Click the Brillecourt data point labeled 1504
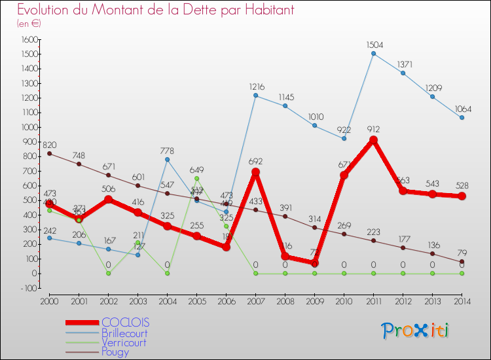coord(373,53)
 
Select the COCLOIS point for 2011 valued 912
coord(373,140)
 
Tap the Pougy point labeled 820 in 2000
coord(49,153)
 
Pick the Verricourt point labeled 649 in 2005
coord(196,178)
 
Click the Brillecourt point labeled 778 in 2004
coord(167,159)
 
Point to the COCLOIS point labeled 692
coord(255,172)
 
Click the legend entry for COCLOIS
coord(124,323)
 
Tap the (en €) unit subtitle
coord(29,24)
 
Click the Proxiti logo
coord(416,331)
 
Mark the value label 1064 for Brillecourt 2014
coord(462,109)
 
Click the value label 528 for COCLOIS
coord(462,185)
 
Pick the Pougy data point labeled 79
coord(462,262)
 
